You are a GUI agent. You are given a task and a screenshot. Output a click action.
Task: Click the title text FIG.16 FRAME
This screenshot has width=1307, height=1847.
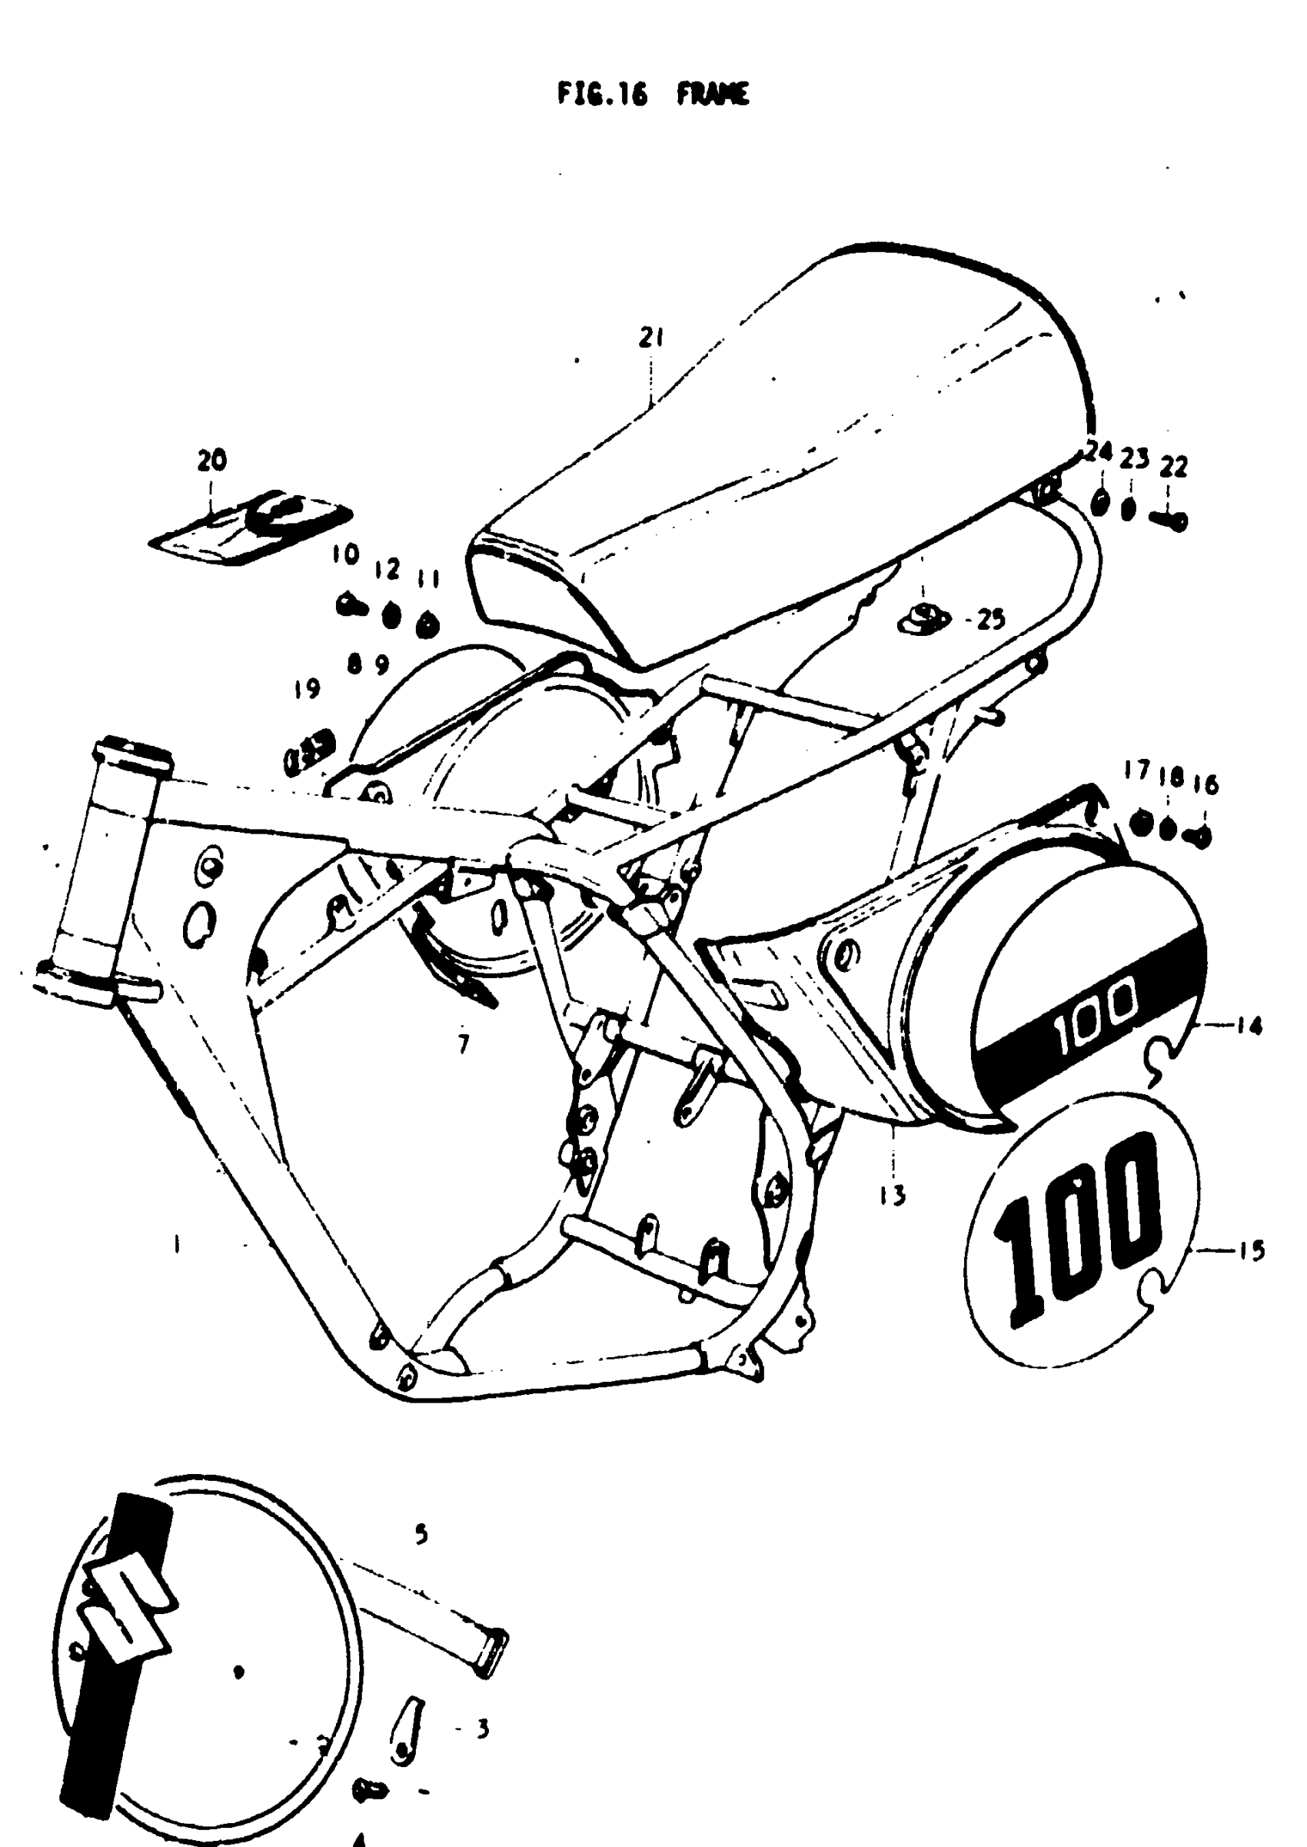pyautogui.click(x=653, y=95)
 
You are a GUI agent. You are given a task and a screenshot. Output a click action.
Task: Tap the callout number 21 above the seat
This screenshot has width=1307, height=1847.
pyautogui.click(x=650, y=338)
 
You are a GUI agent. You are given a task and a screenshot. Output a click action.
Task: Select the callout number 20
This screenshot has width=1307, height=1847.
pyautogui.click(x=211, y=461)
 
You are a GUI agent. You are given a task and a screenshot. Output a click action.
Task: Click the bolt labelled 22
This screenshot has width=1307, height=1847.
pyautogui.click(x=1169, y=521)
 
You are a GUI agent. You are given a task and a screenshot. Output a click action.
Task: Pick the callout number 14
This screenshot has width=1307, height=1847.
pyautogui.click(x=1252, y=1026)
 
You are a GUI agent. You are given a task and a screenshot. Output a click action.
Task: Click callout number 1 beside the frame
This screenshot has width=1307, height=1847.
pyautogui.click(x=175, y=1245)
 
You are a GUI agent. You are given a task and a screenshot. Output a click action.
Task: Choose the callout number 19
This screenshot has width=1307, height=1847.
pyautogui.click(x=307, y=689)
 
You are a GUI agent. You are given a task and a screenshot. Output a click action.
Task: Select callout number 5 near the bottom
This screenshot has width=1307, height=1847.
pyautogui.click(x=420, y=1535)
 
